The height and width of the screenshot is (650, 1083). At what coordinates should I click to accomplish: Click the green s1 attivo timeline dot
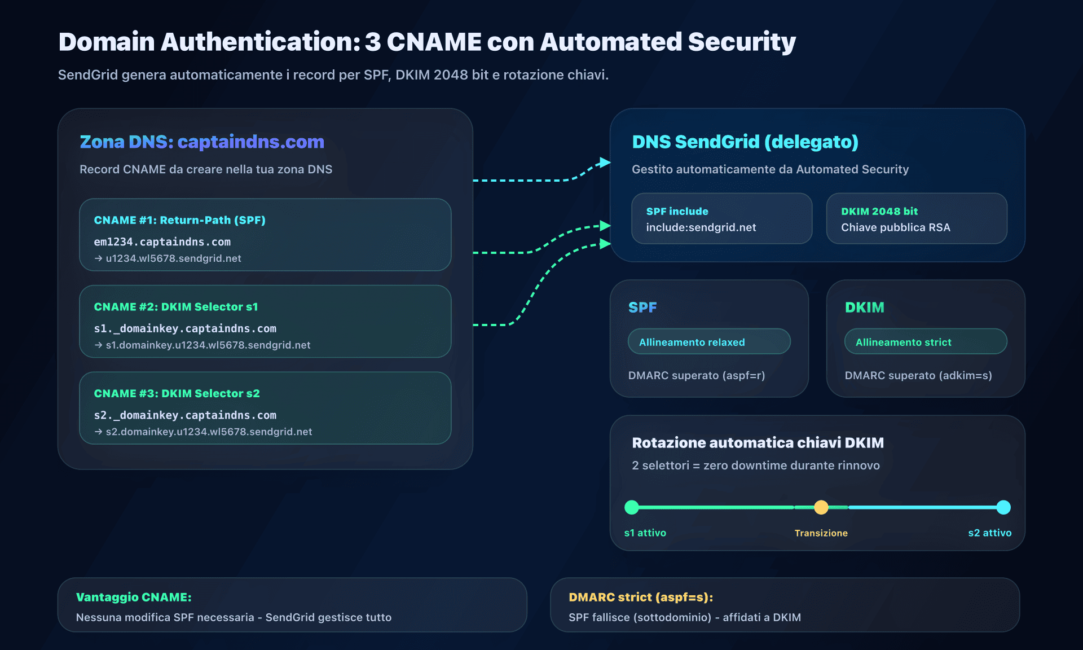click(x=632, y=507)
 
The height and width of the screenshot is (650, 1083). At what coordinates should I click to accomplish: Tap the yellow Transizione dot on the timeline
click(x=821, y=507)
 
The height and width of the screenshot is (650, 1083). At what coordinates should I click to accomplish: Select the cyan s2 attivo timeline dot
click(x=1003, y=507)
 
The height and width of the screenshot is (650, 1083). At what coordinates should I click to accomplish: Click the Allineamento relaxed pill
click(x=709, y=342)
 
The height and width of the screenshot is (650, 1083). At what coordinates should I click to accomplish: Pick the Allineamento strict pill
click(x=925, y=342)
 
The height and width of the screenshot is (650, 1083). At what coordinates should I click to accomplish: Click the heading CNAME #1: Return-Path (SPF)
click(x=179, y=220)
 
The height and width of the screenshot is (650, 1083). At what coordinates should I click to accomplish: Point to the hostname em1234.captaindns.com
click(x=162, y=241)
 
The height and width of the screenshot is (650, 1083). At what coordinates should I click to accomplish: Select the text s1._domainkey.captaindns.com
click(x=185, y=328)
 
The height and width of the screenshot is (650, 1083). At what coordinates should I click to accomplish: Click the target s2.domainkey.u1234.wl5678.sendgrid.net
click(x=209, y=432)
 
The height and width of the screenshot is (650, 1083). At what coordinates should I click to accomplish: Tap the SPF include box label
click(x=677, y=212)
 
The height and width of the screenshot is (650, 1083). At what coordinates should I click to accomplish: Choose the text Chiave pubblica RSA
click(x=895, y=227)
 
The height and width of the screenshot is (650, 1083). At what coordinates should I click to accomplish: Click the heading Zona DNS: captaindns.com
click(x=202, y=142)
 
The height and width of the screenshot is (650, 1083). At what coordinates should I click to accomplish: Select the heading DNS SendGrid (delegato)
click(x=745, y=142)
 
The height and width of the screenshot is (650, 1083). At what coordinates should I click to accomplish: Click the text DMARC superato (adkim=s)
click(x=918, y=375)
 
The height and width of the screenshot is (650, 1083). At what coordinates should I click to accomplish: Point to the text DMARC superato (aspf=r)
click(x=696, y=375)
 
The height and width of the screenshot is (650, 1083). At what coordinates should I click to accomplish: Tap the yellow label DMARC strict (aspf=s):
click(x=640, y=597)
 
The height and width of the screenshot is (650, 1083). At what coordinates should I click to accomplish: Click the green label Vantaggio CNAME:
click(x=134, y=597)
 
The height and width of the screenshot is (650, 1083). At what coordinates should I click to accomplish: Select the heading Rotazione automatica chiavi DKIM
click(x=758, y=443)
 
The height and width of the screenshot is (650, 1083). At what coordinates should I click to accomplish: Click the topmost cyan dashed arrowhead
click(x=605, y=162)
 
